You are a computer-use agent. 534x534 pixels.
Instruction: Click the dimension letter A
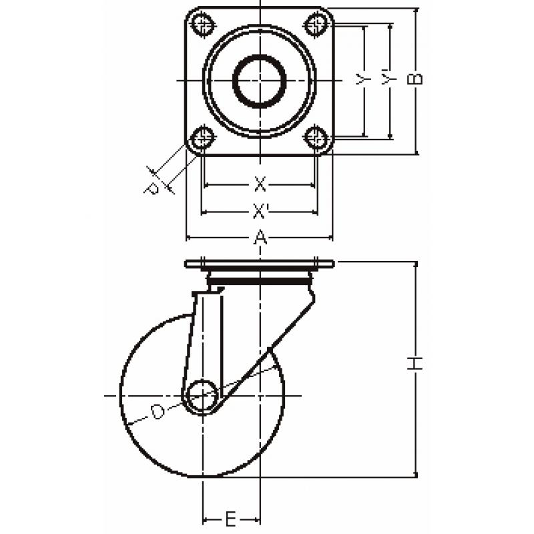tap(260, 237)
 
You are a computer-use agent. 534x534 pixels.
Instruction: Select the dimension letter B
tap(415, 79)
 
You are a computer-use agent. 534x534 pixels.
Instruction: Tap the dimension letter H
tap(415, 363)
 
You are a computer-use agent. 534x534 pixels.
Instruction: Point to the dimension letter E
tap(230, 520)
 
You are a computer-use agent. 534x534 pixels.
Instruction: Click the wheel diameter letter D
tap(158, 412)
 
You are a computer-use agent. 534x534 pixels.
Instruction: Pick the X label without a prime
tap(260, 184)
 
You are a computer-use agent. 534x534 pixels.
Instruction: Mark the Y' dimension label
tap(388, 77)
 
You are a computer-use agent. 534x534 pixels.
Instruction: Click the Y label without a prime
tap(362, 79)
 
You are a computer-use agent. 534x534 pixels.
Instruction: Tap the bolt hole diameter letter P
tap(152, 188)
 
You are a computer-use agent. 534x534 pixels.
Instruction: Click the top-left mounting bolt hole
tap(203, 24)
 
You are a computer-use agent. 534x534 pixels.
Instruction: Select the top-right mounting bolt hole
tap(316, 24)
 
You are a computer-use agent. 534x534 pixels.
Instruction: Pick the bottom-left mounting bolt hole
tap(203, 138)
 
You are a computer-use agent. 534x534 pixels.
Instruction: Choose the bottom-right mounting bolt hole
tap(316, 138)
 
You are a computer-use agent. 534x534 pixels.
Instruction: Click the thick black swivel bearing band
tap(260, 281)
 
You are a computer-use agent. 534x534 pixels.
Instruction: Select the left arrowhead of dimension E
tap(206, 520)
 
